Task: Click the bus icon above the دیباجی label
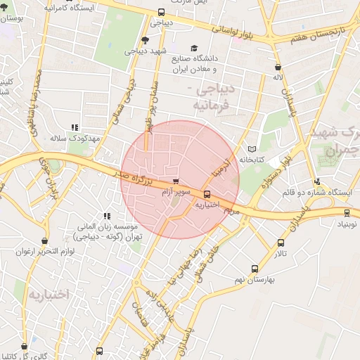(x=162, y=12)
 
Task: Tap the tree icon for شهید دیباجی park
(x=145, y=40)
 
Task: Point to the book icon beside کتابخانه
(x=252, y=149)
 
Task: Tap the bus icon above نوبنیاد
(x=347, y=212)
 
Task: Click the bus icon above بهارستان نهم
(x=255, y=268)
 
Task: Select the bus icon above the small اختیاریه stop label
(x=207, y=194)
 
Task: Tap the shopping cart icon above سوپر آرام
(x=176, y=181)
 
